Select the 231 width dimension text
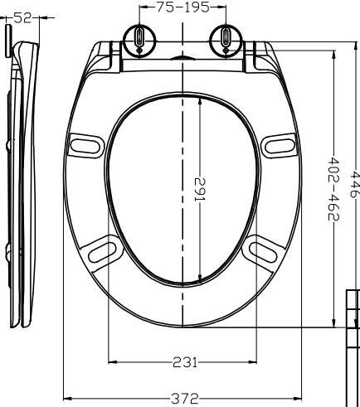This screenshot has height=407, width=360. coord(183,362)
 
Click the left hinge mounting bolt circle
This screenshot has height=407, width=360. coord(140,37)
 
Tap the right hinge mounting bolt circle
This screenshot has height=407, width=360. coord(226,37)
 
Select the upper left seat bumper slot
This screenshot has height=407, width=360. coord(83,144)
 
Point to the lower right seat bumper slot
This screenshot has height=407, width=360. coord(261,249)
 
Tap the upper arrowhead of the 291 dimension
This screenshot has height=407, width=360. coord(201,99)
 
